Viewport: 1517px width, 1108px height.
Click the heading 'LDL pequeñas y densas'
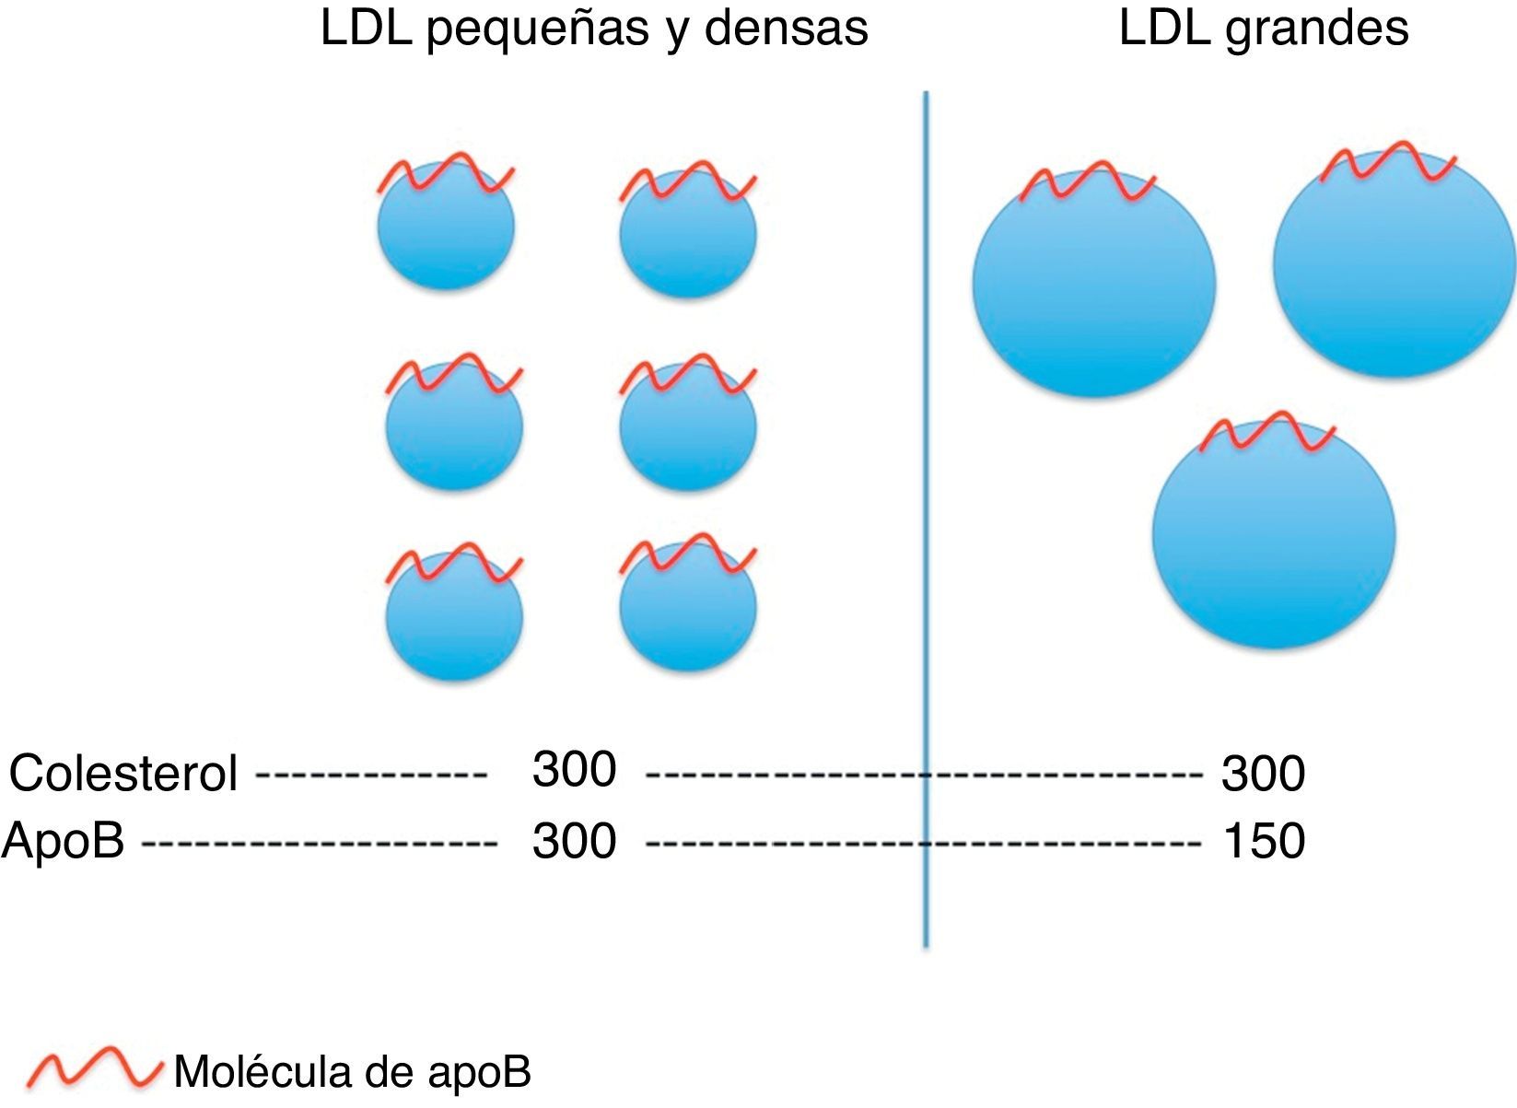click(x=594, y=29)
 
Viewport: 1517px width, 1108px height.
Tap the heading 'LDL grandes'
click(x=1263, y=29)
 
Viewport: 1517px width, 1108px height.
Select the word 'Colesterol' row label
click(x=123, y=774)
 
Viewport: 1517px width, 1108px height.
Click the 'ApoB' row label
click(x=63, y=840)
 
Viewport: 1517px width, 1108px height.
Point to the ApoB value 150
click(x=1264, y=841)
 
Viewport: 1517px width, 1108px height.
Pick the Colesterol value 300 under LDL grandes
click(x=1264, y=774)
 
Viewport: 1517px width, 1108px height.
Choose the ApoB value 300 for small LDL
click(x=574, y=841)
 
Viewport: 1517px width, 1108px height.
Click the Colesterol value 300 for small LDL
click(x=574, y=769)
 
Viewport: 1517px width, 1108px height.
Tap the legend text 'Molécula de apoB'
click(x=353, y=1072)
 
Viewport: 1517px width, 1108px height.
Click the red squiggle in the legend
click(x=92, y=1068)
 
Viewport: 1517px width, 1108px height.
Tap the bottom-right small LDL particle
click(x=688, y=610)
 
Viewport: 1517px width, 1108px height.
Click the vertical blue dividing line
click(x=926, y=516)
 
